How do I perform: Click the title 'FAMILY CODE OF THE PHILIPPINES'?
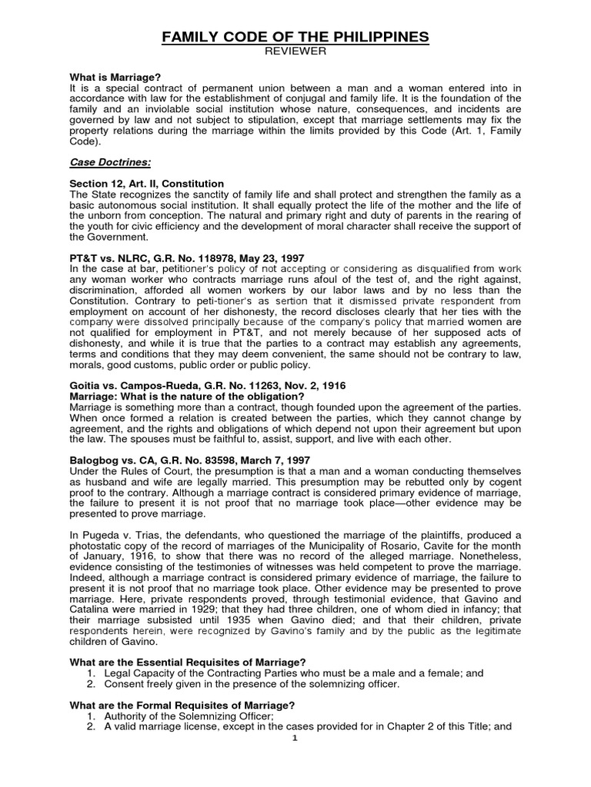pyautogui.click(x=295, y=38)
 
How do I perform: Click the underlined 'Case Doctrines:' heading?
pyautogui.click(x=106, y=162)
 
